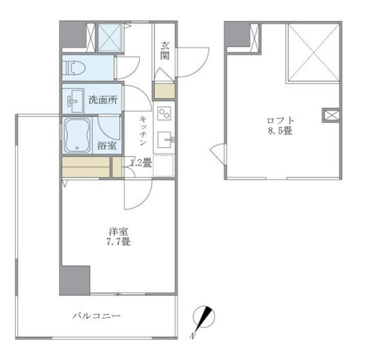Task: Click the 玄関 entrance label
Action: (165, 51)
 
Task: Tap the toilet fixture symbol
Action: (76, 68)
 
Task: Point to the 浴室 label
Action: (107, 145)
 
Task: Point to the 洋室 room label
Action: (119, 231)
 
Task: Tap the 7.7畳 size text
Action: (119, 242)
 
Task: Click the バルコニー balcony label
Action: (97, 316)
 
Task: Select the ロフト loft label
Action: (280, 121)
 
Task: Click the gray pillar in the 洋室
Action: (75, 280)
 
